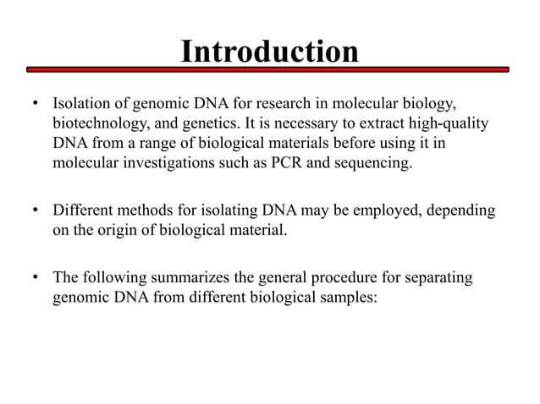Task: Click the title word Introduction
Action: pyautogui.click(x=270, y=52)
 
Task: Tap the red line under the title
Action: pyautogui.click(x=270, y=68)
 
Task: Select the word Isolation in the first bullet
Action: pyautogui.click(x=80, y=106)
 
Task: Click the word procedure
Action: pyautogui.click(x=362, y=277)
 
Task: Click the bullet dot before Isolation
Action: pyautogui.click(x=35, y=106)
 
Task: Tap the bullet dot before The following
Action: pyautogui.click(x=35, y=277)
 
